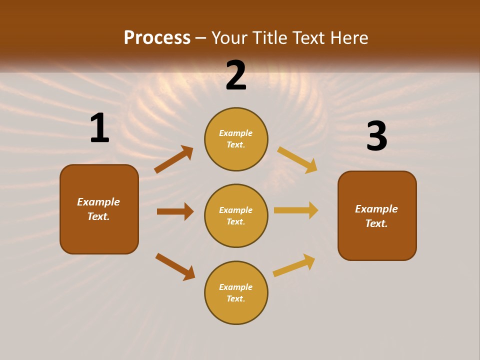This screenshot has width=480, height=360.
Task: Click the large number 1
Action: pos(99,128)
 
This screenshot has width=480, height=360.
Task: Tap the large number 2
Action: pos(236,75)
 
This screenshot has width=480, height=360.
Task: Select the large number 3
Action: pos(376,136)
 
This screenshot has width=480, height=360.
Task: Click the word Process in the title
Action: pos(157,37)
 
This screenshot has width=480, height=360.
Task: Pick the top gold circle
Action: pos(236,139)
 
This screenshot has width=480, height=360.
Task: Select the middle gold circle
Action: pos(236,215)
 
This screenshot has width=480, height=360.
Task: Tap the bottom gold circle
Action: pos(236,292)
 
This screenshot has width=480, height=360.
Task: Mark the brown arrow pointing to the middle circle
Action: pos(175,211)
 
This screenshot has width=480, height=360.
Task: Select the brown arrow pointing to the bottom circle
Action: pos(175,266)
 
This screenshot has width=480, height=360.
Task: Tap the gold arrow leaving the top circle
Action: pos(297,159)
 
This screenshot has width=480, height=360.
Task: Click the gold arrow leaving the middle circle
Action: pos(296,210)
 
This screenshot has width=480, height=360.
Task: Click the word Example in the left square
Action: pos(98,202)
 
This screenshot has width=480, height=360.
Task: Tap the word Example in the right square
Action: pos(376,209)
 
